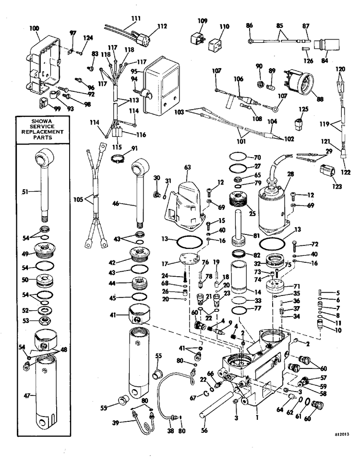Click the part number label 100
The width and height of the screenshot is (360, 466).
[x=34, y=28]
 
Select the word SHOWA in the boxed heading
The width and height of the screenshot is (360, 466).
[x=42, y=121]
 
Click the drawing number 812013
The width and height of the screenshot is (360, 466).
[x=342, y=434]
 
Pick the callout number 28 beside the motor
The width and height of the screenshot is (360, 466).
[x=290, y=174]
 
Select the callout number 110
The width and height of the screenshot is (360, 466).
[x=224, y=26]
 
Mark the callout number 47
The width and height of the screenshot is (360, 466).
[x=27, y=395]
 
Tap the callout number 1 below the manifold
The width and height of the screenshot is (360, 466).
[x=257, y=417]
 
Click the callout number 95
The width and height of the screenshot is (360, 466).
[x=134, y=71]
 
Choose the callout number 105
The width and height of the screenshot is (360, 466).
[x=78, y=199]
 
